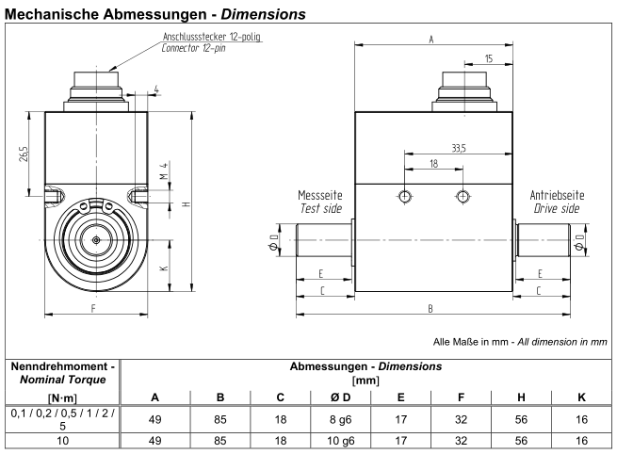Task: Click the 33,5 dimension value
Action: pyautogui.click(x=459, y=148)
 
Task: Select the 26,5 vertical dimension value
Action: pyautogui.click(x=24, y=154)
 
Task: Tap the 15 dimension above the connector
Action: pyautogui.click(x=488, y=58)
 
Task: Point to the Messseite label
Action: pyautogui.click(x=320, y=195)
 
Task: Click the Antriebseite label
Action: pyautogui.click(x=557, y=195)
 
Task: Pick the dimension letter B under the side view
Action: pyautogui.click(x=430, y=309)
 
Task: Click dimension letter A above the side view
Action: pyautogui.click(x=431, y=40)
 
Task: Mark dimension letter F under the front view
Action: pyautogui.click(x=93, y=308)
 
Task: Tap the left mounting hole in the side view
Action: pyautogui.click(x=404, y=196)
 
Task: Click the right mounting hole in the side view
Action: pyautogui.click(x=463, y=196)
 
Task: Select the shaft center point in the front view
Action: pyautogui.click(x=96, y=239)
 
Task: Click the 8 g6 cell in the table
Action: pyautogui.click(x=341, y=420)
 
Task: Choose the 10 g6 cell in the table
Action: pyautogui.click(x=341, y=441)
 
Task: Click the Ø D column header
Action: pyautogui.click(x=341, y=397)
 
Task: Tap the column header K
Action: pyautogui.click(x=581, y=397)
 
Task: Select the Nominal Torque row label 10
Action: pyautogui.click(x=63, y=441)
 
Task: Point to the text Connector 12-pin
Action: pyautogui.click(x=194, y=48)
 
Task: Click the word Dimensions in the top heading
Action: pyautogui.click(x=263, y=14)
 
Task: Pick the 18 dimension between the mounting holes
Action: pyautogui.click(x=433, y=164)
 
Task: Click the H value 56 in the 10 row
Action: pyautogui.click(x=521, y=441)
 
